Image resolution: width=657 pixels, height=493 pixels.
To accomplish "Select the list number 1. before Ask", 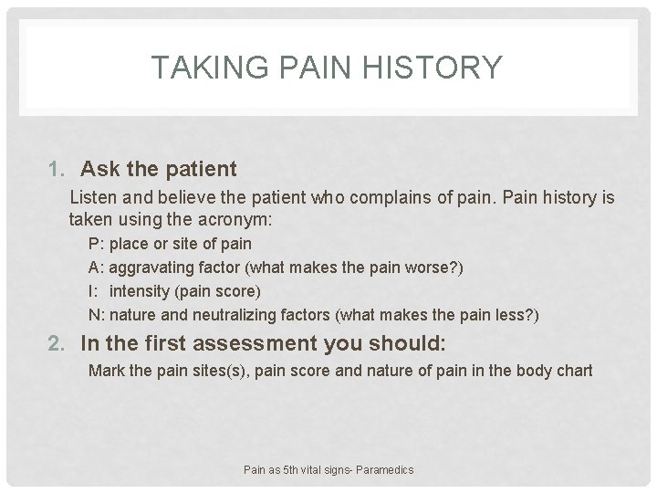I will point(61,169).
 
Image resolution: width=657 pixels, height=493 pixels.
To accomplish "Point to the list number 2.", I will point(62,344).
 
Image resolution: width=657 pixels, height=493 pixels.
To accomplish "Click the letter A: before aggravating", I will point(97,268).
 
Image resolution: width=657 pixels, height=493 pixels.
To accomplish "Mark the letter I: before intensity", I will point(94,292).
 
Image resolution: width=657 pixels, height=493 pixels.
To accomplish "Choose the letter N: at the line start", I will point(97,316).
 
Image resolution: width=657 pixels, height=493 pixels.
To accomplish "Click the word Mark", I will point(105,371).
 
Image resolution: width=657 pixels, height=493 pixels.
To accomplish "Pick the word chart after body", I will point(574,371).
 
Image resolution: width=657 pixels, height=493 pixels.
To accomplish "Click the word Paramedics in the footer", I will point(382,469).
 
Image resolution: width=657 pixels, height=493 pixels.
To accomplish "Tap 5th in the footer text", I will point(290,469).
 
